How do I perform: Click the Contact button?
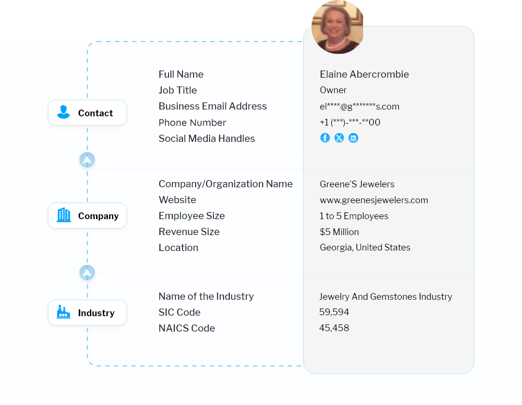87,113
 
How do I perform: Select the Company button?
87,216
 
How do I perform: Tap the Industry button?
87,313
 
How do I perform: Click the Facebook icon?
325,138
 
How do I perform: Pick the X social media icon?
339,138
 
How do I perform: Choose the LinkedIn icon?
353,138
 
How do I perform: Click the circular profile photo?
338,27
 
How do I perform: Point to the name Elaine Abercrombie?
364,74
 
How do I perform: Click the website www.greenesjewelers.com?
374,200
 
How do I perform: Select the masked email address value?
359,107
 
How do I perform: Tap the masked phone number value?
350,123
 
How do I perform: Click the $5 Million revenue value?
339,232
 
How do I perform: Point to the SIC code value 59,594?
334,312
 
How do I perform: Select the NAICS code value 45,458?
334,328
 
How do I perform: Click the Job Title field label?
178,90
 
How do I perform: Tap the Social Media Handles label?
207,139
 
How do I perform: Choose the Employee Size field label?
192,216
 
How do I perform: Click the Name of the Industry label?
206,296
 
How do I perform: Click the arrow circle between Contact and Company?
87,160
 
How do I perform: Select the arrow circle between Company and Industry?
87,273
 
